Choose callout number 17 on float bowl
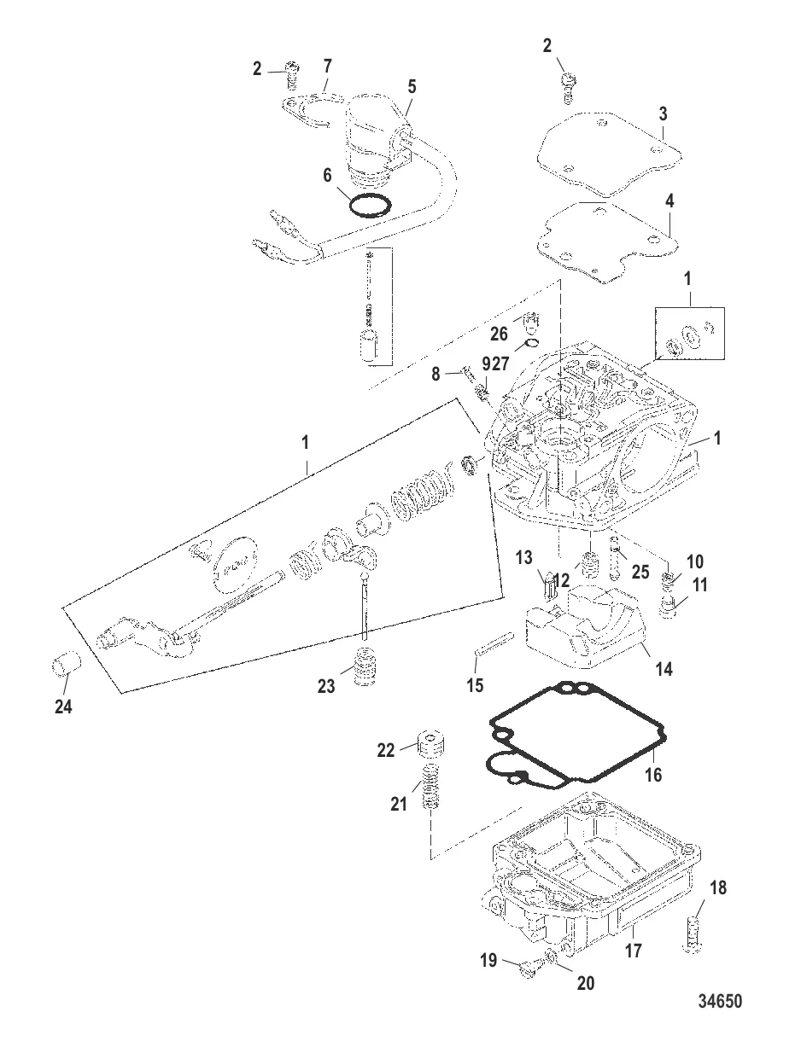point(634,949)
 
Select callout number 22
point(387,749)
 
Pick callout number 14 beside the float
point(663,669)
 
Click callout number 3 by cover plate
point(664,113)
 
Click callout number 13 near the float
point(547,558)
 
